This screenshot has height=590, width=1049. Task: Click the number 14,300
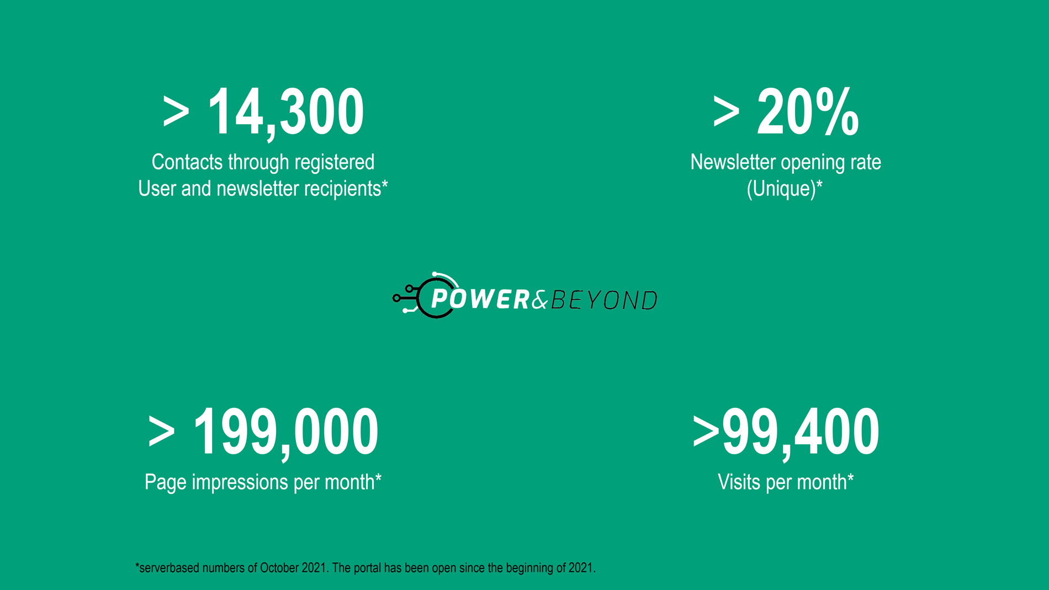coord(285,113)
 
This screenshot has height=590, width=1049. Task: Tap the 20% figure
coord(808,112)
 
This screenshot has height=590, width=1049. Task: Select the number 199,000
coord(286,432)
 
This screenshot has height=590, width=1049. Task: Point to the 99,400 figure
coord(801,432)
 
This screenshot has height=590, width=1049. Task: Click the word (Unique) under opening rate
coord(785,189)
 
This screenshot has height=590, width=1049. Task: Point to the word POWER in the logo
coord(480,299)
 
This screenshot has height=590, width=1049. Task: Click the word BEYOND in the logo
coord(604,300)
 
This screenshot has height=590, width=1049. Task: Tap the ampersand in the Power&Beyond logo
coord(541,300)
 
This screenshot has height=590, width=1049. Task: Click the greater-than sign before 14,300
coord(176,113)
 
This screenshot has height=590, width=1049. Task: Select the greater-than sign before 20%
coord(726,113)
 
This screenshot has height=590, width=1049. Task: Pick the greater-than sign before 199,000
coord(161,432)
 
